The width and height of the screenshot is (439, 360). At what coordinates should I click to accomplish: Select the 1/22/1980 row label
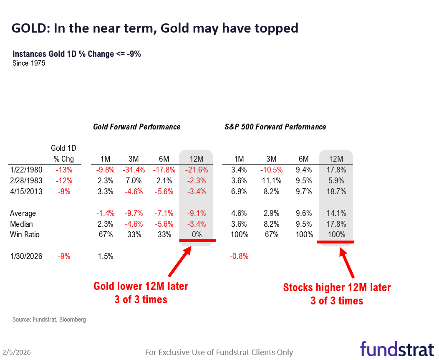(x=26, y=170)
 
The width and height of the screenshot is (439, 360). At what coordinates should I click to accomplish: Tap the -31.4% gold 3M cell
(x=133, y=170)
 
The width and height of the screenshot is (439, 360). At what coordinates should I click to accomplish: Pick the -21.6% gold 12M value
(x=196, y=170)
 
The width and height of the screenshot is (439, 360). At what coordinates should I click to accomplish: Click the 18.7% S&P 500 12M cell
(x=336, y=192)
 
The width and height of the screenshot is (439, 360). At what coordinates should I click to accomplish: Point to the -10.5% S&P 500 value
(x=271, y=170)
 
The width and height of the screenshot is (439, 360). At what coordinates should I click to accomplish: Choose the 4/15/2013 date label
(x=26, y=192)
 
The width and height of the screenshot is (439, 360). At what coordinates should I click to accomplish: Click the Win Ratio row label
(x=25, y=235)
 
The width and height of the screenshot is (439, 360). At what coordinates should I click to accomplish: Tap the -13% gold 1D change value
(x=64, y=170)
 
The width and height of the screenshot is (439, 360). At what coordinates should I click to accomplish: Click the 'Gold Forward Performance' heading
(x=137, y=127)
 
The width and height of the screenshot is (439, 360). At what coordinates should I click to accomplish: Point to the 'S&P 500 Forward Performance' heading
(x=275, y=127)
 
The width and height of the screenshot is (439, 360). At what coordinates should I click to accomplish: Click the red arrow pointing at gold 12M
(x=180, y=261)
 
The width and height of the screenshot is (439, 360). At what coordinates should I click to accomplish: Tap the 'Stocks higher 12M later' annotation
(x=337, y=288)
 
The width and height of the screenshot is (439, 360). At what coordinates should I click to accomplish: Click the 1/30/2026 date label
(x=26, y=256)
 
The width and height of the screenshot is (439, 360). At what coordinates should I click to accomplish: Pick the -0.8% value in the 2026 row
(x=239, y=256)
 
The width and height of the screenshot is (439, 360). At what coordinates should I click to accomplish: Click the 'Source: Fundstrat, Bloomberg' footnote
(x=49, y=319)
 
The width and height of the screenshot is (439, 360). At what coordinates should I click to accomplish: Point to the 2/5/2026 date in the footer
(x=17, y=352)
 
